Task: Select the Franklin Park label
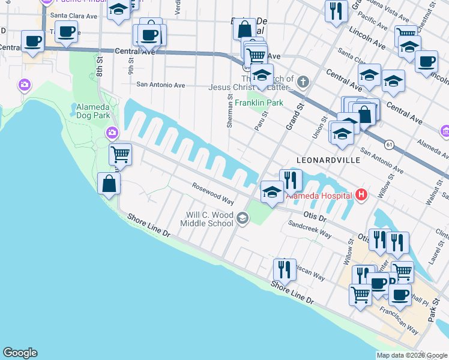(x=259, y=103)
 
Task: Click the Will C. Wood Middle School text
(x=209, y=219)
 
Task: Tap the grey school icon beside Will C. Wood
(x=242, y=218)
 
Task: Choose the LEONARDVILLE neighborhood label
(x=328, y=161)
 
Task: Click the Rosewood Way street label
(x=212, y=194)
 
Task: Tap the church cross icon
(x=304, y=82)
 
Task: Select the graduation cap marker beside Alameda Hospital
(x=272, y=192)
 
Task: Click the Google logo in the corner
(x=20, y=353)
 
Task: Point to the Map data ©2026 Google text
(x=412, y=355)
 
